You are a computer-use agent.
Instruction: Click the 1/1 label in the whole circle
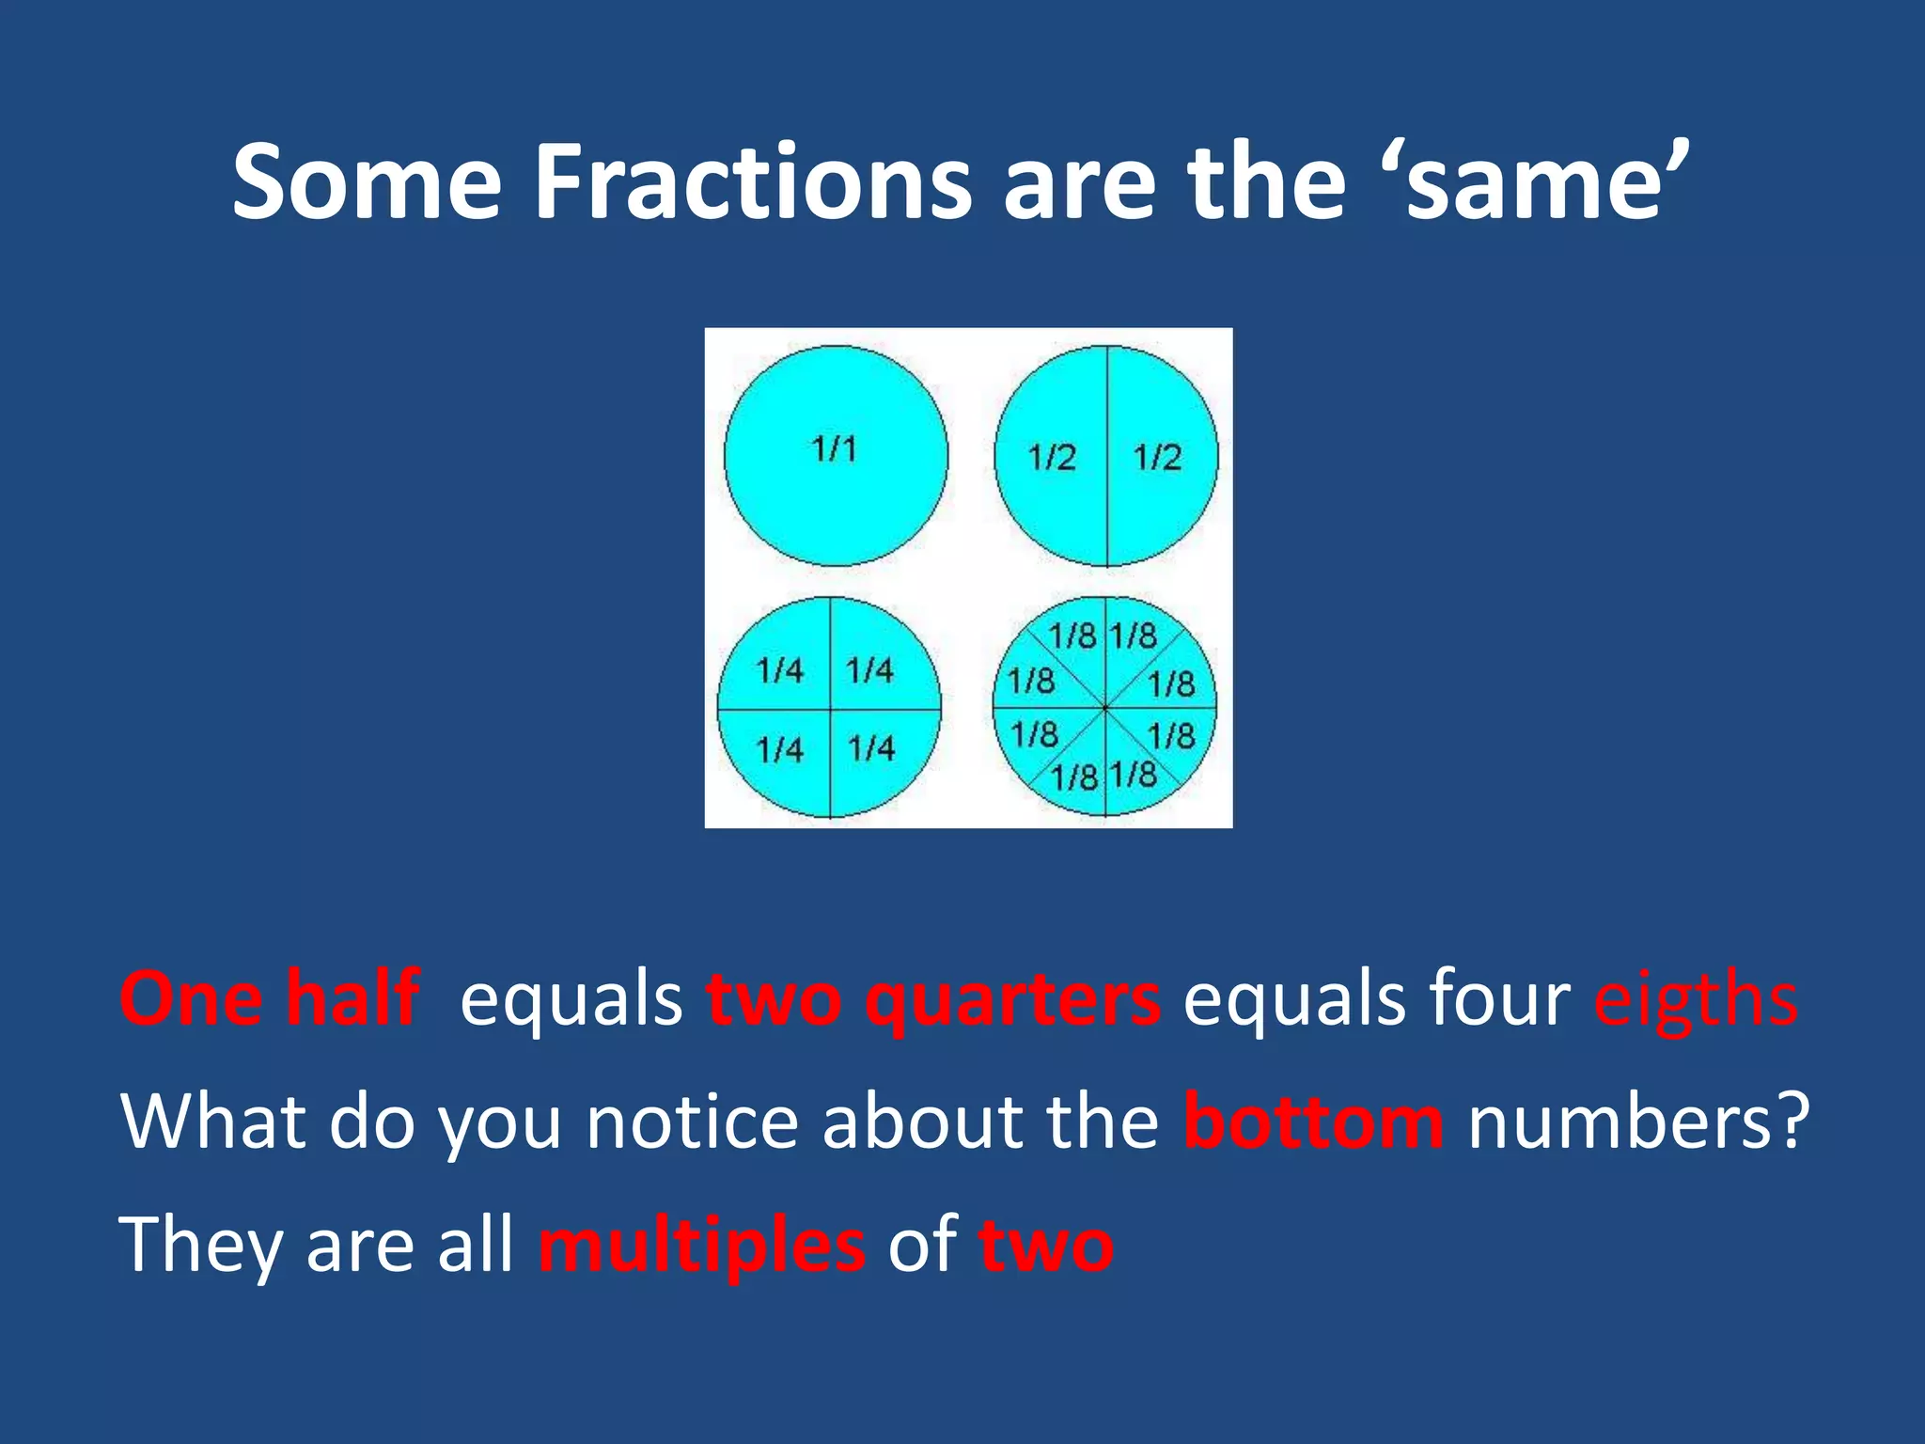(835, 449)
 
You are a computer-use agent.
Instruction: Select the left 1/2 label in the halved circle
(1052, 458)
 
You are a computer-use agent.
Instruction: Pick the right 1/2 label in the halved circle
(1157, 458)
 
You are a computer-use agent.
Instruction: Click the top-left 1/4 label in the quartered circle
(780, 671)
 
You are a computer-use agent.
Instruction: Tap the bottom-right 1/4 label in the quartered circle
(871, 748)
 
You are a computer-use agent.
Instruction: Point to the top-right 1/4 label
(869, 670)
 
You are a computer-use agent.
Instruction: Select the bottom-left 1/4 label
(780, 750)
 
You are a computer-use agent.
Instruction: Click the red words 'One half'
(270, 998)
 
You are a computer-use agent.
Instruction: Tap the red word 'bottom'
(1313, 1122)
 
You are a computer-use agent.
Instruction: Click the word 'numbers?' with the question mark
(1638, 1122)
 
